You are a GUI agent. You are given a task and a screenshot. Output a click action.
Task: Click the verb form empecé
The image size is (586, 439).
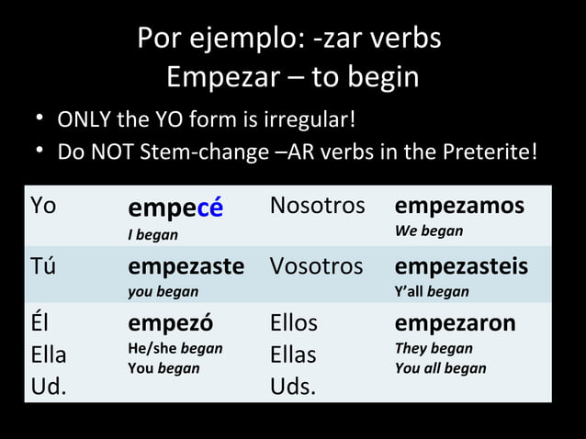click(x=175, y=209)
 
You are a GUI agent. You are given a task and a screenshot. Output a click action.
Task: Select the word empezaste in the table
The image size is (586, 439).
click(x=186, y=266)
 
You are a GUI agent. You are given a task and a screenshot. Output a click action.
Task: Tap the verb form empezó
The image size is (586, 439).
click(x=171, y=323)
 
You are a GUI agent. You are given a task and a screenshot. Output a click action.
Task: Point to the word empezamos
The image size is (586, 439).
click(x=459, y=206)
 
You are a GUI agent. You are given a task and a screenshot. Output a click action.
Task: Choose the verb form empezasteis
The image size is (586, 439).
click(x=461, y=266)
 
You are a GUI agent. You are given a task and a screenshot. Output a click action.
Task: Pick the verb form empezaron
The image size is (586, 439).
click(x=455, y=323)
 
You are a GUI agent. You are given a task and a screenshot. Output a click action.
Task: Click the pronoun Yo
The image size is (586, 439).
click(x=43, y=207)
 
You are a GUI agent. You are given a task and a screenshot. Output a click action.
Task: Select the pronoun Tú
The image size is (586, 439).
click(x=43, y=266)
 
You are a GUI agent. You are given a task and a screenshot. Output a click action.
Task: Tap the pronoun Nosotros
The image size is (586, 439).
click(x=317, y=207)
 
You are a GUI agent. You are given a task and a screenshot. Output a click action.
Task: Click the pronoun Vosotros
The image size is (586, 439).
click(x=318, y=266)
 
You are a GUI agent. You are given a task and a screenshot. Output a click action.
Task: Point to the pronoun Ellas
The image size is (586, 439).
click(x=293, y=355)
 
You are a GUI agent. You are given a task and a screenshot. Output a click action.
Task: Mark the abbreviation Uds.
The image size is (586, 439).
click(x=292, y=386)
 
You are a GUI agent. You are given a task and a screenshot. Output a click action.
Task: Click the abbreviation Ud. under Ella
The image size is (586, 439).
click(x=49, y=386)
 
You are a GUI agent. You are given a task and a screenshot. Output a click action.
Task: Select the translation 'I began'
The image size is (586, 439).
click(x=152, y=235)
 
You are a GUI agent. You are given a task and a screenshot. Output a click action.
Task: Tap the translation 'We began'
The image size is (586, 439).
click(x=429, y=231)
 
